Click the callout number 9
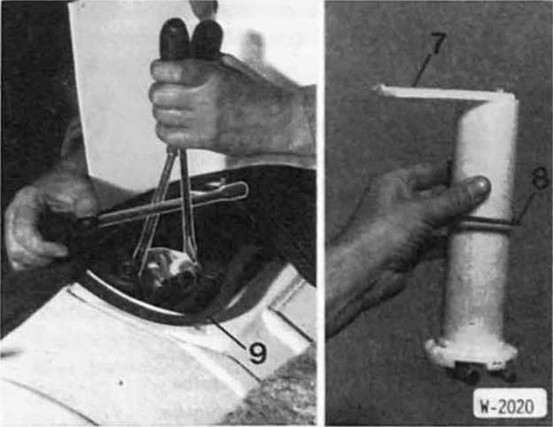click(x=258, y=353)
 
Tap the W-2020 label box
click(x=510, y=406)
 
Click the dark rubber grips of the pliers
click(x=191, y=40)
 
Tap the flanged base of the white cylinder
click(x=471, y=351)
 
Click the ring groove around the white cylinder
click(x=481, y=226)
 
